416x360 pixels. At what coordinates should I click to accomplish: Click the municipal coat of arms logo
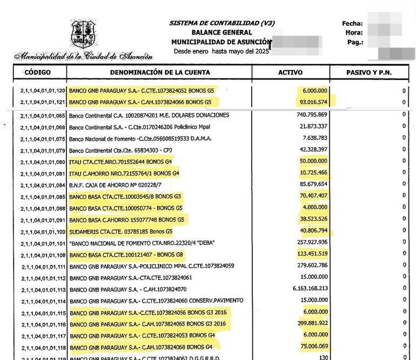[83, 34]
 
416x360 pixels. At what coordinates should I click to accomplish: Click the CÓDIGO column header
[37, 72]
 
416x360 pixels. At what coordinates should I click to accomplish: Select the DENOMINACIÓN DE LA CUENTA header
[160, 72]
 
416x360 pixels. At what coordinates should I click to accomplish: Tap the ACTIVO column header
[290, 72]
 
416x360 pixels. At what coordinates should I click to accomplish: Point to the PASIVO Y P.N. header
[368, 72]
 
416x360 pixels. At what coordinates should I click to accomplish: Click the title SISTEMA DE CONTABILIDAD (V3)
[222, 23]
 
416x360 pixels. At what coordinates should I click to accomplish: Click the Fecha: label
[352, 23]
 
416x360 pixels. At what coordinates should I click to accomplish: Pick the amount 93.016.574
[313, 102]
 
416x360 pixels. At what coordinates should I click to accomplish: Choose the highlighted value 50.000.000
[313, 161]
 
